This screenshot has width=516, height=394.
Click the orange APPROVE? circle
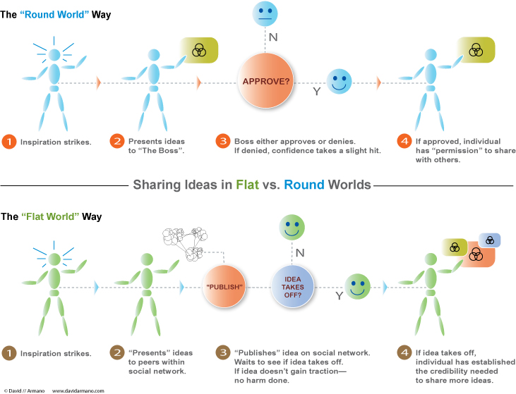(x=265, y=81)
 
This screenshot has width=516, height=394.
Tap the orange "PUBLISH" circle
(x=224, y=287)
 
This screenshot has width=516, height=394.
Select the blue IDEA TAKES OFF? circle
(x=292, y=287)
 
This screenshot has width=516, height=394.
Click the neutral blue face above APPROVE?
(x=265, y=13)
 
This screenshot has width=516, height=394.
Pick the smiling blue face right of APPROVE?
(x=340, y=82)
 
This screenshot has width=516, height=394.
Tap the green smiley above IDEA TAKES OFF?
(x=292, y=227)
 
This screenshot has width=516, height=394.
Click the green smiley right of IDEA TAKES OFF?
(x=357, y=287)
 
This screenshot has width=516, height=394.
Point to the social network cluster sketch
(x=185, y=243)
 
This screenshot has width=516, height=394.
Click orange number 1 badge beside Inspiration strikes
(x=9, y=142)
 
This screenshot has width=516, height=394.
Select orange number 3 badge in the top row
(x=223, y=141)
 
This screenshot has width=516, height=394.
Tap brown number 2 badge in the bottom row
(x=117, y=352)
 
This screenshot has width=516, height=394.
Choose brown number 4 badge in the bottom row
(x=404, y=352)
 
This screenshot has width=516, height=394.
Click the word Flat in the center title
(x=248, y=185)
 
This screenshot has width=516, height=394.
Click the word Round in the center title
(x=304, y=185)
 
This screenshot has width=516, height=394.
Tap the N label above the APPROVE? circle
(x=273, y=37)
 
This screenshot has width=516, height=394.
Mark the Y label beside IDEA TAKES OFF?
(x=340, y=296)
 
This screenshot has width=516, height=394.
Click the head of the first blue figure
(x=54, y=55)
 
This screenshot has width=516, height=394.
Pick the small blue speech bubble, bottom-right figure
(x=490, y=240)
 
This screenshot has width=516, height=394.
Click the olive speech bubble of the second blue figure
(x=200, y=50)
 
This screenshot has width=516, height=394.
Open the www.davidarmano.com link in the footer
(x=78, y=390)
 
